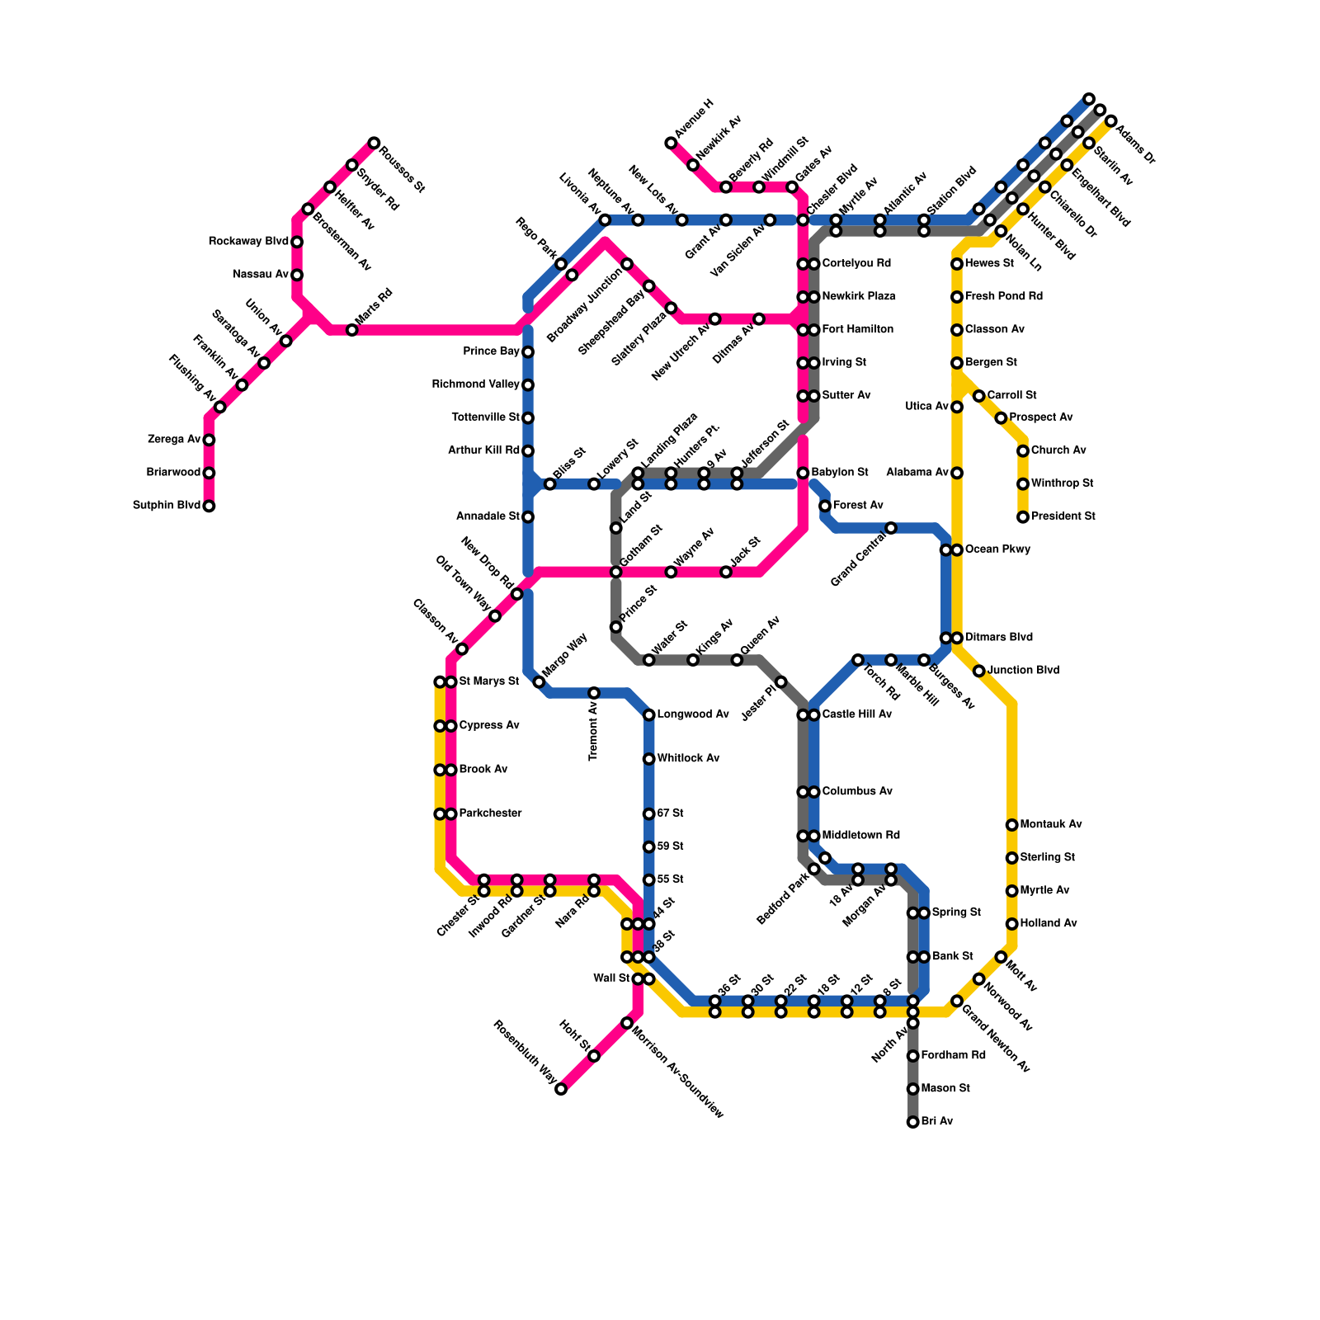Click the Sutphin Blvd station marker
coord(209,506)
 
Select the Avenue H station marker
coord(671,144)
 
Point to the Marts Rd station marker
coord(352,330)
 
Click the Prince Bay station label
coord(491,351)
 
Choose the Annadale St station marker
coord(528,517)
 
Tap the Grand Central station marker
coord(891,528)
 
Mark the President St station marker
coord(1023,517)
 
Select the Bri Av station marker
coord(912,1122)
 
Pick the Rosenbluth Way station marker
coord(561,1089)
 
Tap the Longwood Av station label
coord(693,714)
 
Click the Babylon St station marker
coord(803,473)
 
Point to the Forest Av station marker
coord(825,506)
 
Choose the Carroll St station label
coord(1011,396)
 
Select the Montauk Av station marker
coord(1011,825)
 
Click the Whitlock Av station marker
coord(649,759)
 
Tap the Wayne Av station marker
coord(671,572)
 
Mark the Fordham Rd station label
coord(953,1056)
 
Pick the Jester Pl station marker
coord(781,681)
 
